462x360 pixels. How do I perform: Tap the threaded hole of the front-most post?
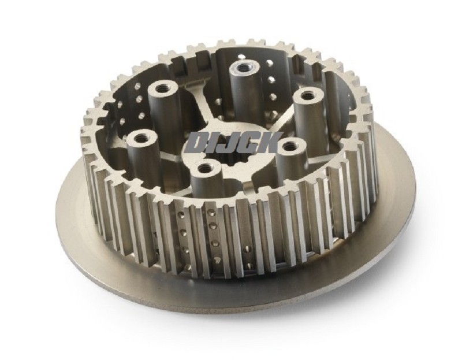(203, 169)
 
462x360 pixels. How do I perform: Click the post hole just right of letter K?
(290, 144)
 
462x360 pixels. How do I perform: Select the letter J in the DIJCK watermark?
(230, 143)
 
